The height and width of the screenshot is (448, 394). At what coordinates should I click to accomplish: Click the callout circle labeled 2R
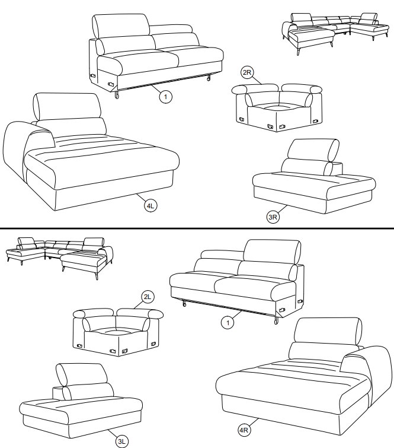tap(247, 72)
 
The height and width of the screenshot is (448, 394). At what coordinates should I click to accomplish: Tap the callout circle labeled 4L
tap(150, 206)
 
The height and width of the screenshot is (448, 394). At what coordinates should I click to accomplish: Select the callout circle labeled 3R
tap(273, 217)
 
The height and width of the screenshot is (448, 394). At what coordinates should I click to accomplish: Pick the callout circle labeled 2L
tap(147, 297)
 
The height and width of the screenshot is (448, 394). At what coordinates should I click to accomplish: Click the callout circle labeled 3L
tap(122, 441)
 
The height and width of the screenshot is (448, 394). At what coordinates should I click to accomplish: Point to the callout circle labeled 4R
tap(244, 430)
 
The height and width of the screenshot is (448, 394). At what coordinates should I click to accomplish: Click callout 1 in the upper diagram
tap(165, 97)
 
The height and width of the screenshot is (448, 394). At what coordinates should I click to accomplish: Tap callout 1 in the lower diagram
tap(228, 323)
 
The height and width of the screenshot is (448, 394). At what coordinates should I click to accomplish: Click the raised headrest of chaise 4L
tap(68, 106)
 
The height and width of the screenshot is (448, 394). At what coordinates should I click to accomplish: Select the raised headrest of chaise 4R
tap(328, 332)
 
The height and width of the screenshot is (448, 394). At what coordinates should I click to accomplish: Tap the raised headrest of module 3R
tap(313, 150)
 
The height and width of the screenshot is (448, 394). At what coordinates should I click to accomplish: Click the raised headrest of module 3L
tap(82, 374)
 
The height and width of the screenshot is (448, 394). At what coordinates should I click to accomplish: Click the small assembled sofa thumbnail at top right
tap(335, 33)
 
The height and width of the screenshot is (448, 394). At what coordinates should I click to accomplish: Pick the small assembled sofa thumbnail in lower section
tap(59, 258)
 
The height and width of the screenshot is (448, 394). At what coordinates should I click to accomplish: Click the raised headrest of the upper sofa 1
tap(121, 26)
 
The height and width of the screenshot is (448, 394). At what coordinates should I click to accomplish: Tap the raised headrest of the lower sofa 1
tap(272, 252)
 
